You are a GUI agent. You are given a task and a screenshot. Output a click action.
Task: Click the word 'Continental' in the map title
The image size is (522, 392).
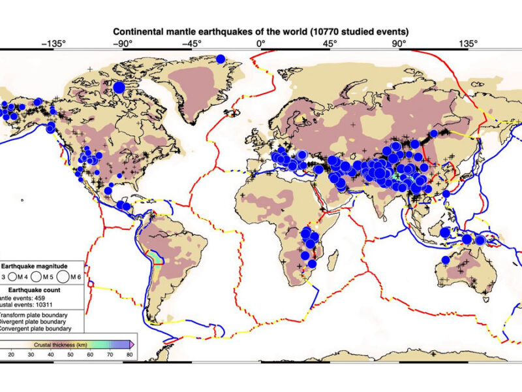pos(139,31)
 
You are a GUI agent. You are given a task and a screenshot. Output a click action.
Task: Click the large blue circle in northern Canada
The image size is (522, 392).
pos(119,86)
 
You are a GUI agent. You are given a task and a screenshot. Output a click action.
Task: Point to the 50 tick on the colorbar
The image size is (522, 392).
pos(70,354)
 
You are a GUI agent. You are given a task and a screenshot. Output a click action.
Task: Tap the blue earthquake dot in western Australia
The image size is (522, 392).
pos(444,259)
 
